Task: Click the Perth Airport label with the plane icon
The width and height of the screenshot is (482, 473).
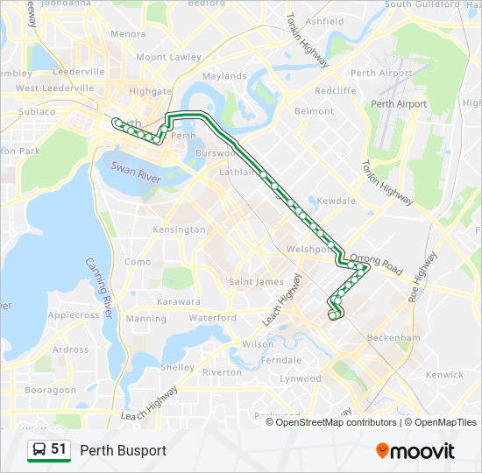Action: click(399, 104)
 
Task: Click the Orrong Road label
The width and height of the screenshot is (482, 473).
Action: click(376, 264)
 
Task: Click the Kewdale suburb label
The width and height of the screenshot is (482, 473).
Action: click(336, 201)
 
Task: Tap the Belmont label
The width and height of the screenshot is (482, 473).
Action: click(314, 111)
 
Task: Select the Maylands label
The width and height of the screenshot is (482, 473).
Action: click(224, 76)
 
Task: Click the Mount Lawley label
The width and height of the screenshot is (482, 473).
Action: click(168, 57)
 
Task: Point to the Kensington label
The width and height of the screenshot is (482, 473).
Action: click(178, 229)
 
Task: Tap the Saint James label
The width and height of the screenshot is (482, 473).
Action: click(256, 281)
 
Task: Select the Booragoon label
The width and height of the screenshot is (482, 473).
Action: click(50, 389)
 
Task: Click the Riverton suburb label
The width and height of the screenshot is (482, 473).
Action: click(222, 372)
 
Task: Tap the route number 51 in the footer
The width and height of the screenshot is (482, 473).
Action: click(59, 449)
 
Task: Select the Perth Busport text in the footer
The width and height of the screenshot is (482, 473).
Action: click(123, 450)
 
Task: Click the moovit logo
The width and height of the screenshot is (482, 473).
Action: click(415, 450)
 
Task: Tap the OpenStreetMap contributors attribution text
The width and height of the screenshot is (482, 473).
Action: click(331, 422)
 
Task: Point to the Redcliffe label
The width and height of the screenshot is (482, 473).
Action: click(335, 90)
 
